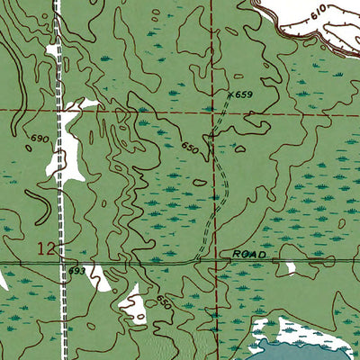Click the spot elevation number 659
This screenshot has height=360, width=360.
pyautogui.click(x=246, y=94)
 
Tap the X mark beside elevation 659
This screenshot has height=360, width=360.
pyautogui.click(x=229, y=93)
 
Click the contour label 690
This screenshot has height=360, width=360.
pyautogui.click(x=38, y=139)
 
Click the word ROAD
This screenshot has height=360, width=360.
pyautogui.click(x=249, y=256)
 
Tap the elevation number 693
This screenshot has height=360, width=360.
pyautogui.click(x=76, y=271)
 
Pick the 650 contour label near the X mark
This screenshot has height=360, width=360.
pyautogui.click(x=188, y=146)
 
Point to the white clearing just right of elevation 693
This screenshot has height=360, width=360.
pyautogui.click(x=98, y=278)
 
